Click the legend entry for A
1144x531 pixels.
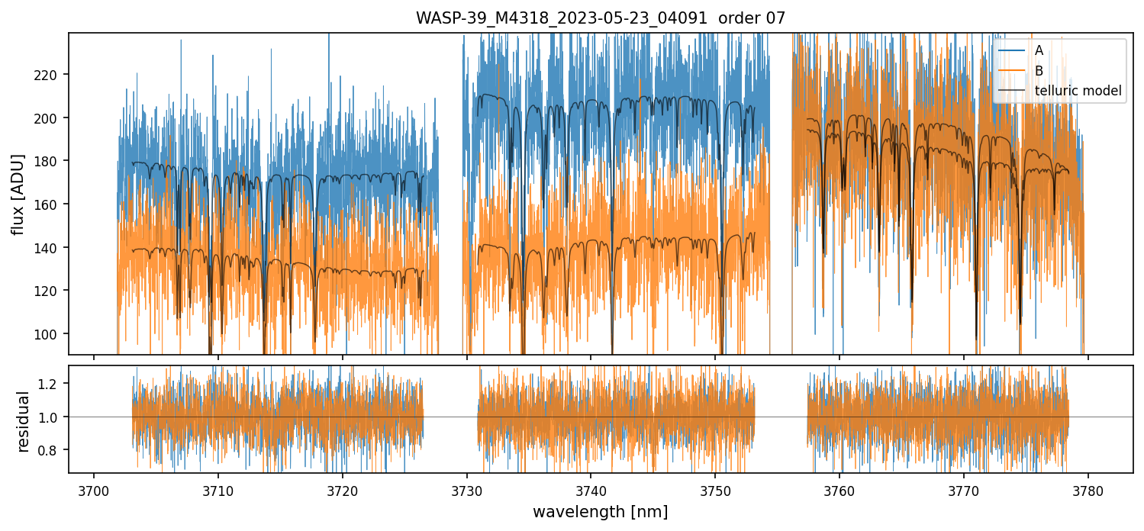click(1039, 50)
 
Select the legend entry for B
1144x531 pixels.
click(1039, 71)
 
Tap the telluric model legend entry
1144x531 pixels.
click(1078, 91)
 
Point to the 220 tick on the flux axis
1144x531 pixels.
click(53, 75)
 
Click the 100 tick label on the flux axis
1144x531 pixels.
click(53, 334)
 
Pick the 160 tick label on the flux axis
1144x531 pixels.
click(53, 204)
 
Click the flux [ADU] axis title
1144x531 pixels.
click(18, 194)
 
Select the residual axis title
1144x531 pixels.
click(24, 421)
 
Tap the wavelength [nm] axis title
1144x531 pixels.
click(600, 511)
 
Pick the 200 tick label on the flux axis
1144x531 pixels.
click(53, 118)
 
